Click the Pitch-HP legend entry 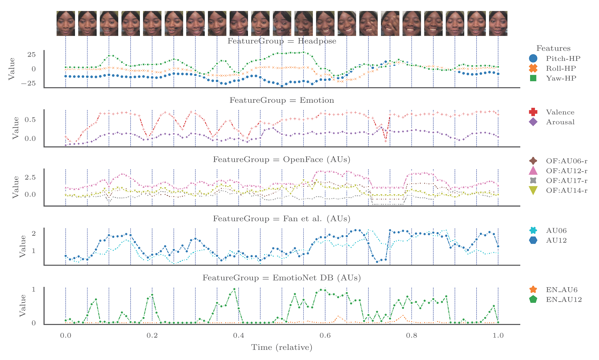(554, 58)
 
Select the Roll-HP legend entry (554, 68)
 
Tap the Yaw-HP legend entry (554, 78)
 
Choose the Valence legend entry (554, 112)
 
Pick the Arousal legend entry (554, 122)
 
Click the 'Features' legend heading (553, 49)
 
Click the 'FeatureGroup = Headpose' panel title (282, 41)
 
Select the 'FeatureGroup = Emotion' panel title (282, 100)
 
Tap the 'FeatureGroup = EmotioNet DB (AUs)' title (282, 278)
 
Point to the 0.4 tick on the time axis (238, 336)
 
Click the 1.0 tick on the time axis (498, 336)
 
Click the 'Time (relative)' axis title (282, 347)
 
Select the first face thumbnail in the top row (66, 23)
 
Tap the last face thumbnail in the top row (498, 23)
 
